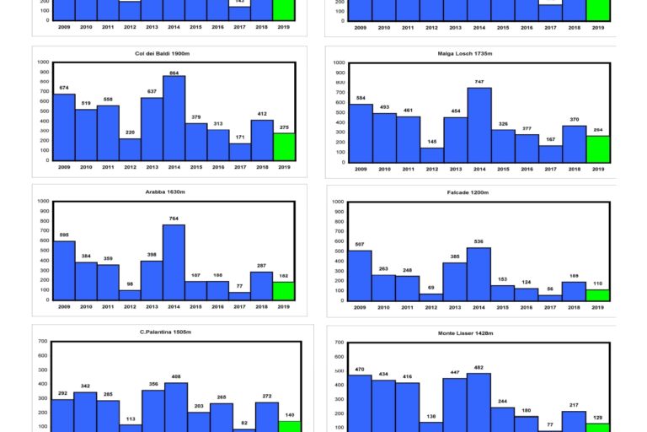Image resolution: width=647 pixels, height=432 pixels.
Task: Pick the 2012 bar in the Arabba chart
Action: click(x=130, y=295)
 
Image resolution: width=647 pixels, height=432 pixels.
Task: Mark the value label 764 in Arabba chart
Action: click(x=174, y=219)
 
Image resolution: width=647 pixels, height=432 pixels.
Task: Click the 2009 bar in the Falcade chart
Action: click(x=360, y=275)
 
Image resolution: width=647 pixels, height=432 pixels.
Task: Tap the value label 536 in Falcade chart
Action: click(x=479, y=242)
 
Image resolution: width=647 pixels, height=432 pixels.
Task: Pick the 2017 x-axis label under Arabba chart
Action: click(x=239, y=308)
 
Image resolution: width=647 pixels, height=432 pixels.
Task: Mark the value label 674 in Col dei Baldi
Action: click(x=64, y=89)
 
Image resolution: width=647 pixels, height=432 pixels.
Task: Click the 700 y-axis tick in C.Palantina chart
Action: click(x=42, y=342)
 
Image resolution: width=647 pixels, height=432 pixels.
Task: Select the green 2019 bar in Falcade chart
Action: click(x=597, y=295)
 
